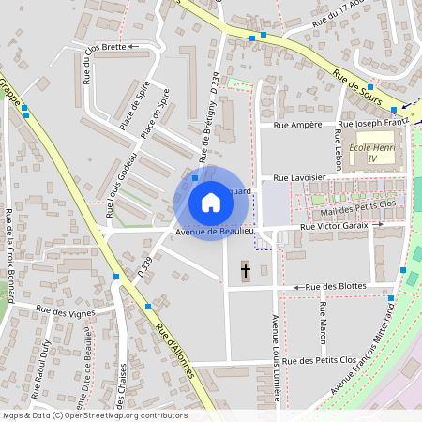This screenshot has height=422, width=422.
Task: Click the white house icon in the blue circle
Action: coord(210,203)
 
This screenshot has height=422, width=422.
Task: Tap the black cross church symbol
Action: coord(246,272)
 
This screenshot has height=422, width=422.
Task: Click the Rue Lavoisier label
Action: coord(299,176)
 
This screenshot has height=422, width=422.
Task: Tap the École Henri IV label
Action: coord(374,153)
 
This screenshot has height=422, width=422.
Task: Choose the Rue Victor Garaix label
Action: coord(336,226)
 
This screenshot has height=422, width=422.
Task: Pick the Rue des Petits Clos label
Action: coord(324,360)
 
